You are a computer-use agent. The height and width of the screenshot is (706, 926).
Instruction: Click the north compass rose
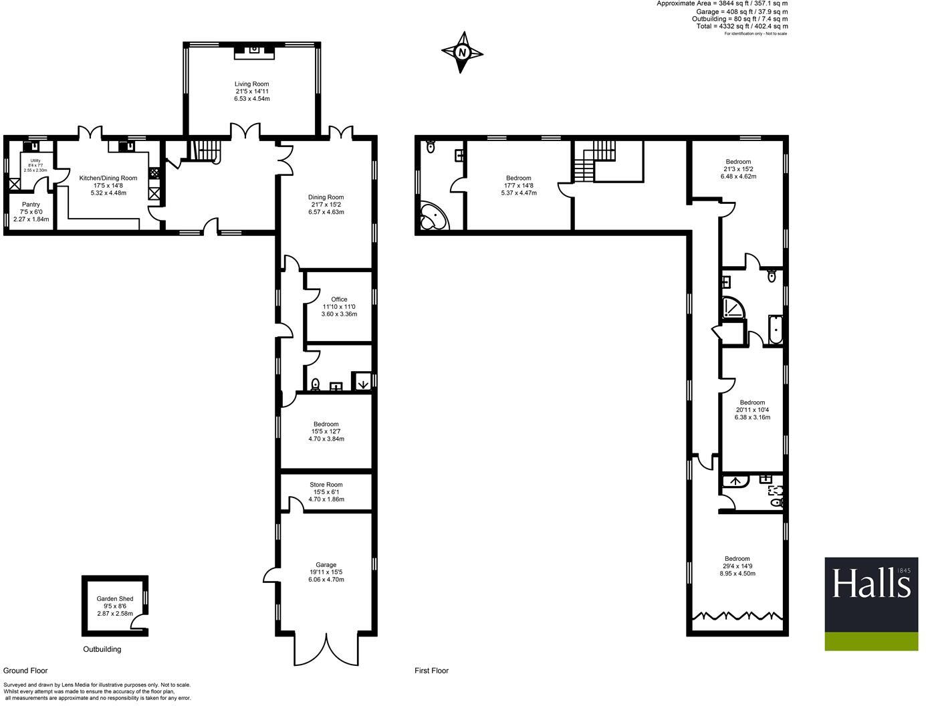click(462, 52)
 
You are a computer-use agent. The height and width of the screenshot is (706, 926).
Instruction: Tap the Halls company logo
click(871, 604)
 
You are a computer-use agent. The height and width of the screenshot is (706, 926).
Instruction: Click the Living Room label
click(252, 84)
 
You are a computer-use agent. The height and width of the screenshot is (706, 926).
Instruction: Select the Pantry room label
click(31, 205)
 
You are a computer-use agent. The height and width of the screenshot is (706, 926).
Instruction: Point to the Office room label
click(339, 300)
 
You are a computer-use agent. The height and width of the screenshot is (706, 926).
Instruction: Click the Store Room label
click(326, 485)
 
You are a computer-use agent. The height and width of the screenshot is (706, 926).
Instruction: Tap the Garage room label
click(326, 565)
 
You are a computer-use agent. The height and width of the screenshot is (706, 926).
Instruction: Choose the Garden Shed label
click(115, 599)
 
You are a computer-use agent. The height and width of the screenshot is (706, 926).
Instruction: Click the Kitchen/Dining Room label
click(108, 178)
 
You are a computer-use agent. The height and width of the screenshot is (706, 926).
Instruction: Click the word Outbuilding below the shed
click(102, 649)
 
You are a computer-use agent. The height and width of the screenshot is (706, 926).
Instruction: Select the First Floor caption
click(431, 671)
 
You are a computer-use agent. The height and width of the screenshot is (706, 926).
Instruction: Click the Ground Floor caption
click(25, 671)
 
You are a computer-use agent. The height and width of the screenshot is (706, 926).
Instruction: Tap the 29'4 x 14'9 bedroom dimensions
click(737, 566)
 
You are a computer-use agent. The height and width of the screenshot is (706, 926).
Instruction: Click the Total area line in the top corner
click(742, 26)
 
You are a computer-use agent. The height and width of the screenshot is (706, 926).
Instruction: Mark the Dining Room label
click(326, 197)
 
